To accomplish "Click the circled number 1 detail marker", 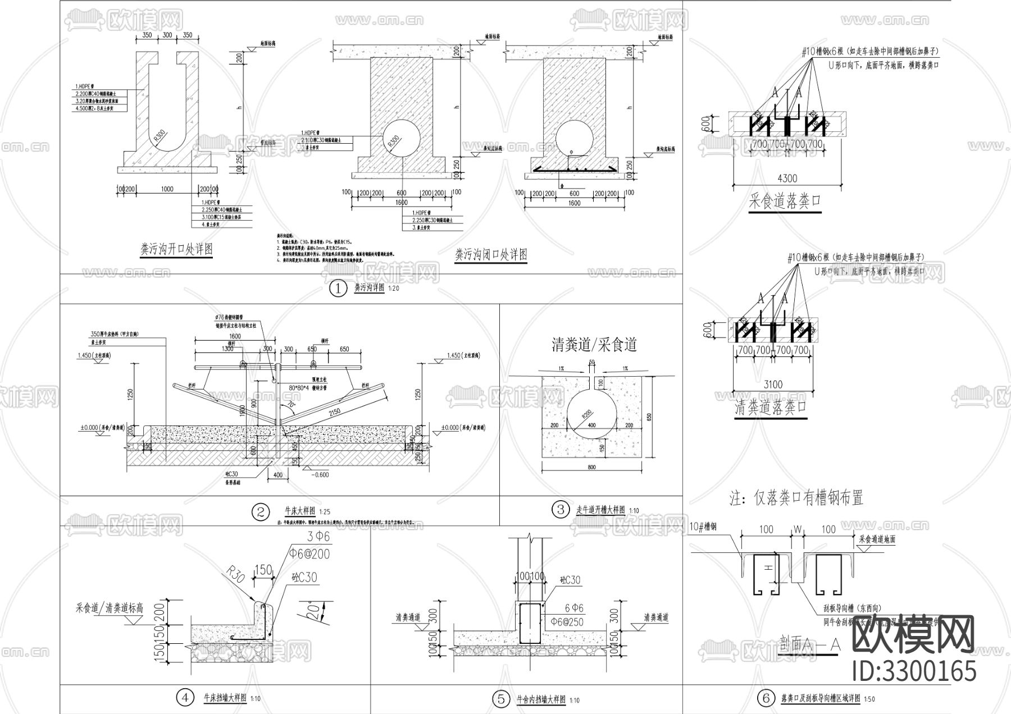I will [338, 289].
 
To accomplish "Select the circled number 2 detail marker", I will [261, 511].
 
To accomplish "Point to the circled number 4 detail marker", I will [185, 698].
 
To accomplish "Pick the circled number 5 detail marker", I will [500, 699].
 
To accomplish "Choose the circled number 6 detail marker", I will [765, 699].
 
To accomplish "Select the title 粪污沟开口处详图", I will [176, 249].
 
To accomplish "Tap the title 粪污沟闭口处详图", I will [491, 255].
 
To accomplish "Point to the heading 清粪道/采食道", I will [594, 344].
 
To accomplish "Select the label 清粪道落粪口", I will [771, 408].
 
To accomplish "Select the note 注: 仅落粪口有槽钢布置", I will [796, 497].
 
